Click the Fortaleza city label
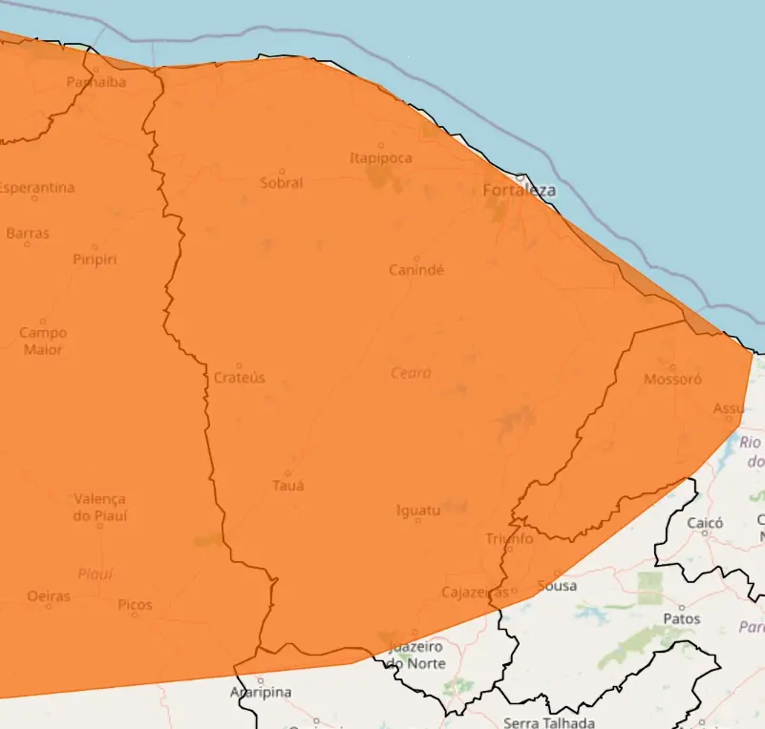coord(519,191)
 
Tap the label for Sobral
coord(282,182)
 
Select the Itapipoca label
coord(381,157)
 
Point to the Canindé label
coord(416,270)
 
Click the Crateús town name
coord(239,378)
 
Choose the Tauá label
coord(288,485)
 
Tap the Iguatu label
coord(418,510)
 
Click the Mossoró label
coord(672,379)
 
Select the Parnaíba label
coord(96,82)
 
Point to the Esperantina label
coord(36,187)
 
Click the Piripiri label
coord(96,260)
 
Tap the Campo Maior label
coord(43,342)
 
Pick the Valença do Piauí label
coord(99,508)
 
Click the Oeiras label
coord(49,596)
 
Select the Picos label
coord(135,605)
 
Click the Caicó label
coord(705,523)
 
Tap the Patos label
coord(681,618)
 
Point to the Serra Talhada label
coord(549,722)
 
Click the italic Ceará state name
coord(411,373)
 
